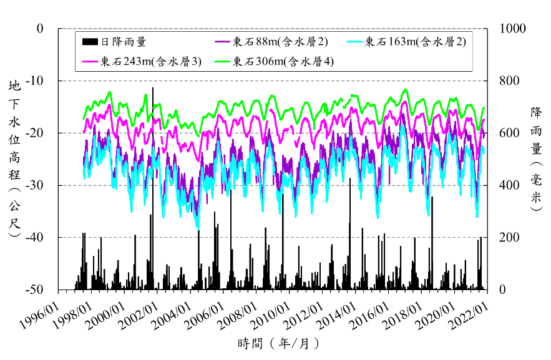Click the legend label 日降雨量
tap(124, 42)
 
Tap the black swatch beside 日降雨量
tap(90, 42)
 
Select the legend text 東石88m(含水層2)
tap(280, 42)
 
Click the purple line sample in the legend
tap(223, 42)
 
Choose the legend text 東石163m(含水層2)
tap(415, 42)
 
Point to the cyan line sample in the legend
tap(355, 42)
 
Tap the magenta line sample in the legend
tap(90, 61)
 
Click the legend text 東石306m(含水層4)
tap(283, 61)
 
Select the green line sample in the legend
tap(223, 61)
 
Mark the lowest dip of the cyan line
tap(198, 229)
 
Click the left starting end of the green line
tap(84, 119)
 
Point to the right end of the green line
tap(484, 108)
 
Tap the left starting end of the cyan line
tap(84, 170)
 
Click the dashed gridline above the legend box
tap(275, 28)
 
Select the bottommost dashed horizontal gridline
tap(275, 237)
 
